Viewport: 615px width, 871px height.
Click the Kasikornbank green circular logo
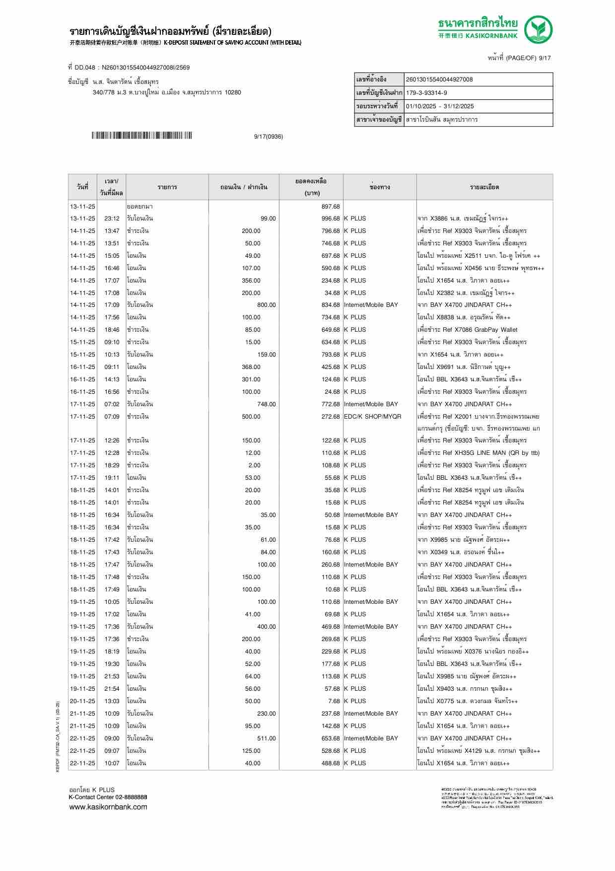pyautogui.click(x=539, y=29)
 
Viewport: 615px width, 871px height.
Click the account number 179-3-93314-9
pyautogui.click(x=426, y=93)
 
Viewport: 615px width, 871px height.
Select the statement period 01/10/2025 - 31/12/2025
pyautogui.click(x=440, y=106)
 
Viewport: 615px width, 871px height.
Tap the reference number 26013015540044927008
pyautogui.click(x=439, y=79)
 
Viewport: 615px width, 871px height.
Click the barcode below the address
pyautogui.click(x=141, y=136)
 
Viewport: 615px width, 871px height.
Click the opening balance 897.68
pyautogui.click(x=331, y=207)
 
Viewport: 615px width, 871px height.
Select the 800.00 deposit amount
pyautogui.click(x=266, y=305)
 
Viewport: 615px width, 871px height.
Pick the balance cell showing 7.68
pyautogui.click(x=334, y=701)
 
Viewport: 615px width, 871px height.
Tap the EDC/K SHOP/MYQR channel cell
pyautogui.click(x=372, y=417)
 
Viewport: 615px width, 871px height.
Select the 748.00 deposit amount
pyautogui.click(x=266, y=404)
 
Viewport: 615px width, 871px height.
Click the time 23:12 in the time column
pyautogui.click(x=112, y=218)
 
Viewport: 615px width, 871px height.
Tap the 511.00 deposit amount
pyautogui.click(x=266, y=738)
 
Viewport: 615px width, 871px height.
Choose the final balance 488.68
pyautogui.click(x=331, y=763)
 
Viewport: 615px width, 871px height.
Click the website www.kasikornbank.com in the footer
pyautogui.click(x=108, y=807)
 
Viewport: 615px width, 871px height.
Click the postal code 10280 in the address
pyautogui.click(x=233, y=92)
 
